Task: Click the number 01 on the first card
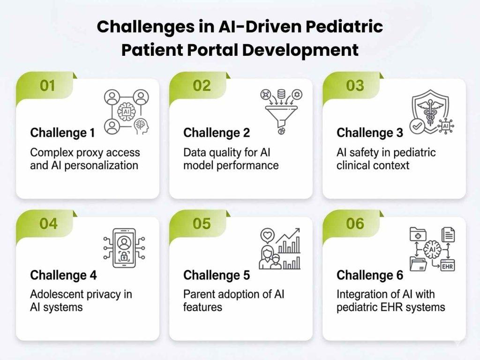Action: [47, 86]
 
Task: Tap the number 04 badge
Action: [48, 224]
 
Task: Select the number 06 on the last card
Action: [355, 224]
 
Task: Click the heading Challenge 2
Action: [217, 133]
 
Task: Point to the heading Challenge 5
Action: [217, 275]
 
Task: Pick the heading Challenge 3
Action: [369, 133]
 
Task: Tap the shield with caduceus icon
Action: [430, 109]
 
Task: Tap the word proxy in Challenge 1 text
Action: [88, 153]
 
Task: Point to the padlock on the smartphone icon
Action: [124, 257]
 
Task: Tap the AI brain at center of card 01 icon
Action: [125, 112]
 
